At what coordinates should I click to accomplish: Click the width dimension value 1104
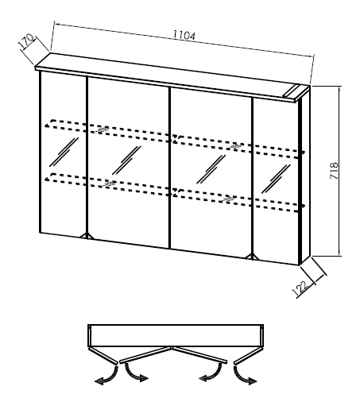184,36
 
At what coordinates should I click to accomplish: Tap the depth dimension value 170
27,41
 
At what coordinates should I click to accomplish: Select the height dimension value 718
335,171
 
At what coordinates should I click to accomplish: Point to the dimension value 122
300,288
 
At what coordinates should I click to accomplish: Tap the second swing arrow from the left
134,373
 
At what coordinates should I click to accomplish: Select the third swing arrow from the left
212,373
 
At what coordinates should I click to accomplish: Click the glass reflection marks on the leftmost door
64,152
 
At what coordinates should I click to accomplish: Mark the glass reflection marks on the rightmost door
276,179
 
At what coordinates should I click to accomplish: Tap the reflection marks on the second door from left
126,160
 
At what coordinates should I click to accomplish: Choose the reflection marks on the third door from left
211,169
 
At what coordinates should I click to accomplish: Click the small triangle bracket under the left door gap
87,236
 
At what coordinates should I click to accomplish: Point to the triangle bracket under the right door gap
253,257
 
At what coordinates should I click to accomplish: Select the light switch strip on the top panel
292,91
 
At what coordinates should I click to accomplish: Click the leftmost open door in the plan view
103,356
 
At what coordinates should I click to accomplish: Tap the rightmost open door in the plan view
248,356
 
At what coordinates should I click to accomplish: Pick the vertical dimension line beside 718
339,171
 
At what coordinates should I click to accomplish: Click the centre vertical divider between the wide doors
169,168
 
